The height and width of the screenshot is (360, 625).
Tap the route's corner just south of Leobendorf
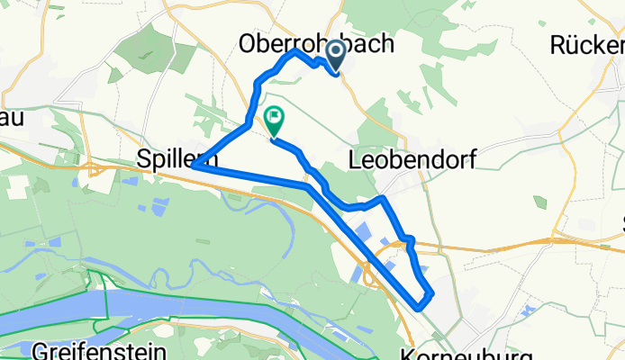(x=385, y=197)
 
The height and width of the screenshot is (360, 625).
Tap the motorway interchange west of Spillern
(x=94, y=166)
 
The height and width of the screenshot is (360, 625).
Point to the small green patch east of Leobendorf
(x=539, y=202)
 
